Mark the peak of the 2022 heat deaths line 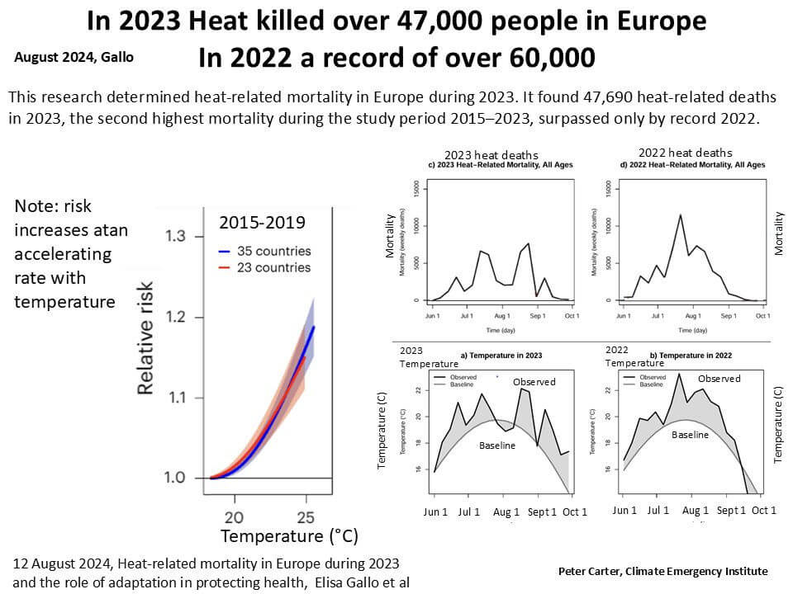(680, 215)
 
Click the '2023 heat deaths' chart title (491, 155)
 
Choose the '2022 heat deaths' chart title (685, 153)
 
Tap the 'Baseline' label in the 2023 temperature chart (497, 445)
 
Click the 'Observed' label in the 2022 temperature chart (719, 379)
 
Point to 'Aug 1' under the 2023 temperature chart (506, 511)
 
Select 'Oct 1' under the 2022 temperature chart (763, 511)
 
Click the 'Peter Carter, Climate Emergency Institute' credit (662, 571)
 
